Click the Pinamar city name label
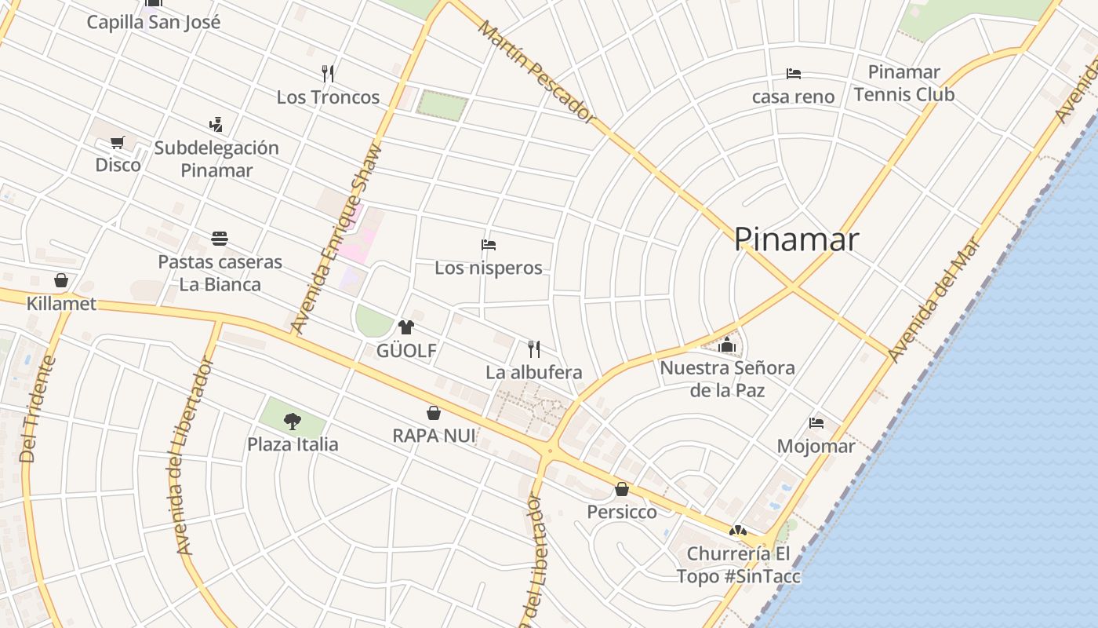coord(796,239)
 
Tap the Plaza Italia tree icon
coord(293,422)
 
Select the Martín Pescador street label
coord(537,71)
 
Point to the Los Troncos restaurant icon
coord(328,74)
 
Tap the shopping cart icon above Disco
coord(118,143)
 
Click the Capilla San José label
coord(153,22)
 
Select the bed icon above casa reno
coord(793,74)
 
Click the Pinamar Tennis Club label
coord(903,83)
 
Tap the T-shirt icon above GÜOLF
coord(405,327)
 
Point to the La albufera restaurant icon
coord(533,349)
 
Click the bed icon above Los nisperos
coord(488,245)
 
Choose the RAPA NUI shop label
coord(434,435)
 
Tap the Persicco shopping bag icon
coord(621,490)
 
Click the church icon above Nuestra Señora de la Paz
coord(727,345)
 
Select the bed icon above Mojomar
coord(816,423)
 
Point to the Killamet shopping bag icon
coord(60,280)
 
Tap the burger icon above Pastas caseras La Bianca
coord(220,239)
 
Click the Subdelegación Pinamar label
coord(216,159)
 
